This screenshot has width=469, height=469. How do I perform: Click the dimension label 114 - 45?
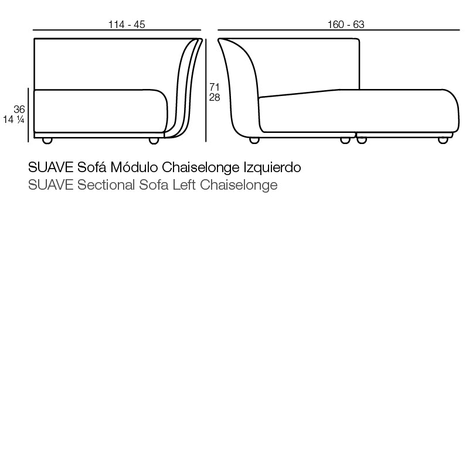(x=127, y=25)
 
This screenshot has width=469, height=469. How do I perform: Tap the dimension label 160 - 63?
(x=346, y=25)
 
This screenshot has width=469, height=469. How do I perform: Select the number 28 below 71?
(x=215, y=98)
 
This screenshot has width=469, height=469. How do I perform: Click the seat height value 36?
(x=19, y=109)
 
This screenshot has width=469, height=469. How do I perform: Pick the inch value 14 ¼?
(x=13, y=119)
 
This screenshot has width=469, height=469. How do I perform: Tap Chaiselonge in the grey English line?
(x=239, y=186)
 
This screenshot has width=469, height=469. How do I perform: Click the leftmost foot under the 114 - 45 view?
(x=47, y=141)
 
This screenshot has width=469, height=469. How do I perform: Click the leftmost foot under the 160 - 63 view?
(x=254, y=141)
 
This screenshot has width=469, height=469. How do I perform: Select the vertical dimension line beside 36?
(x=29, y=115)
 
